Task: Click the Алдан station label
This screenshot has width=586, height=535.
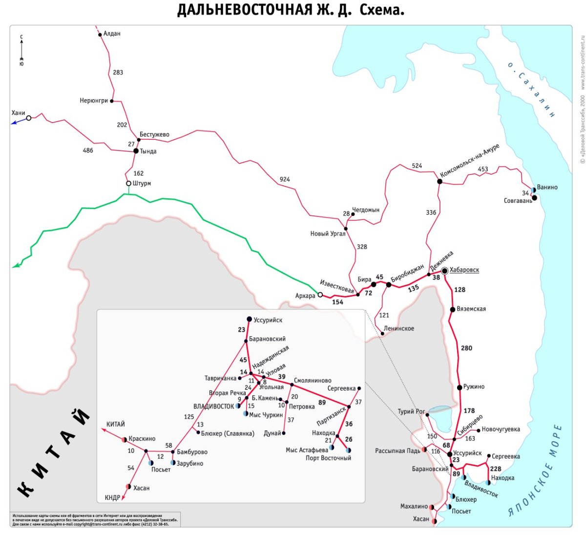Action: click(x=112, y=34)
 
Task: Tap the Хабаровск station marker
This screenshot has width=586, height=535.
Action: click(x=444, y=271)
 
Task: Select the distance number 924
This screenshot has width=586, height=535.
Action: click(x=285, y=179)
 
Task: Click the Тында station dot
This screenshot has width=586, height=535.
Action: click(x=136, y=151)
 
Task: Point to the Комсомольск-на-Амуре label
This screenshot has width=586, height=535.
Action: click(x=469, y=161)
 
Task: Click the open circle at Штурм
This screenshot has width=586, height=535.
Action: click(x=128, y=184)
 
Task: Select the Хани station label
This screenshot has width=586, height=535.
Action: click(x=18, y=113)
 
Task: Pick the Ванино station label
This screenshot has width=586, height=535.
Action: click(x=547, y=187)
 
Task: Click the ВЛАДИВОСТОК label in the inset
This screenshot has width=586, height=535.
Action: click(x=213, y=406)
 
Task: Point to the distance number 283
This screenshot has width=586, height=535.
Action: click(x=118, y=72)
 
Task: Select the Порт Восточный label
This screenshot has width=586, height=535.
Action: click(x=328, y=458)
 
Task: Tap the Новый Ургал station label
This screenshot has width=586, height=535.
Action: click(x=328, y=234)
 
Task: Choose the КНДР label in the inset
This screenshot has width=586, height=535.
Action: click(x=112, y=498)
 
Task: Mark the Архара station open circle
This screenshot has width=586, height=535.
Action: click(x=320, y=295)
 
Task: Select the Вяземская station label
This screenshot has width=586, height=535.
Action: click(x=471, y=309)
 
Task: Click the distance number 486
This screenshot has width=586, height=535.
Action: click(x=88, y=150)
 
